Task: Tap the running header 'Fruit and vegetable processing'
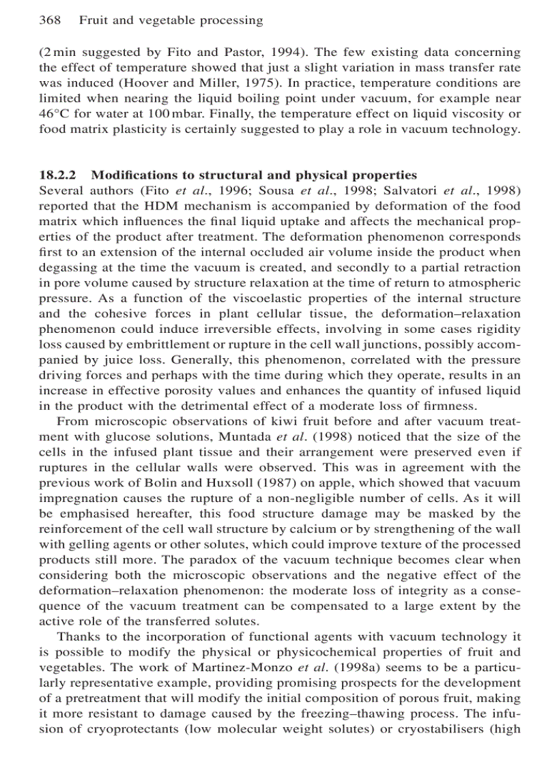coord(171,20)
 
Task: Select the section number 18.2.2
coord(61,175)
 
